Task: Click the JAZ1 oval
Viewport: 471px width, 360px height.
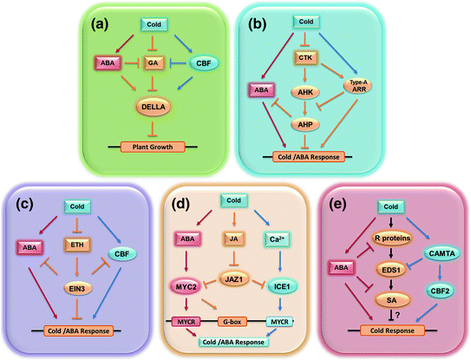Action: point(232,273)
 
